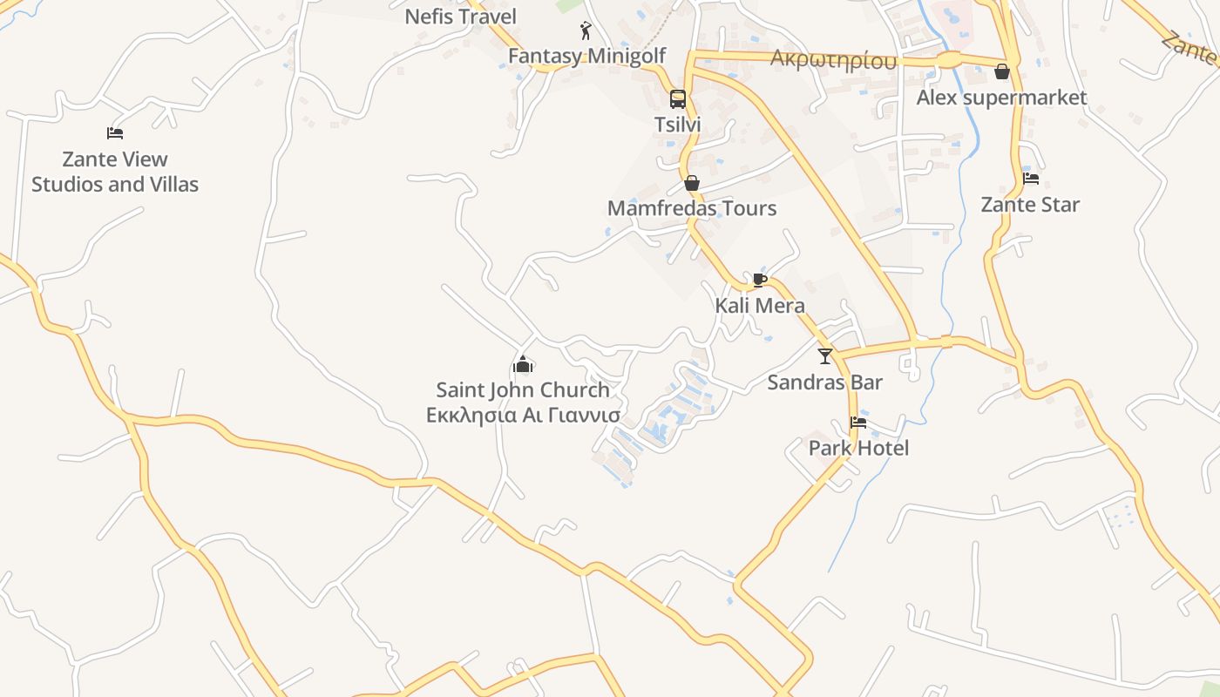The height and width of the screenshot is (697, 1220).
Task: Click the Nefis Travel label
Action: (460, 17)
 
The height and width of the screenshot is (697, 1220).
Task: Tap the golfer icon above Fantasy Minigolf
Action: (586, 31)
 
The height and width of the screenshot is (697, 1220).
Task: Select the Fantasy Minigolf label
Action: (586, 56)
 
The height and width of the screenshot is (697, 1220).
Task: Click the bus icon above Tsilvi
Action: (677, 99)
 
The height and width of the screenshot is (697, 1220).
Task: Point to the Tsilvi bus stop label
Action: (677, 125)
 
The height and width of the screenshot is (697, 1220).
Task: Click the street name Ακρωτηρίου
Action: (833, 60)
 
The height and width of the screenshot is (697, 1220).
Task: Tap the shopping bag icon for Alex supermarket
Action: (1002, 71)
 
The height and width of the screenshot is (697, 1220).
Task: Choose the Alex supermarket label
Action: (1001, 98)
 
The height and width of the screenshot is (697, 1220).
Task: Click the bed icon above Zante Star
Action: (1031, 179)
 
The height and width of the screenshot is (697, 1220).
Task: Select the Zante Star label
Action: (1030, 205)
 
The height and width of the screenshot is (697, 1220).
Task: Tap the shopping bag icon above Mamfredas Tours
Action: (692, 183)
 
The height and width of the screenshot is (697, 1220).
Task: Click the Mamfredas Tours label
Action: (692, 208)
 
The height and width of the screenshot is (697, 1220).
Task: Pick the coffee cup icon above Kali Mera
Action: (760, 280)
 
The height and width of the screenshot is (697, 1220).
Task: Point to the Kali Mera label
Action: (760, 306)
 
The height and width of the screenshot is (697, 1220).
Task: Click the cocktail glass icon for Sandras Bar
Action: (825, 355)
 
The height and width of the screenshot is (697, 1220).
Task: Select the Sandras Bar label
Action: (824, 382)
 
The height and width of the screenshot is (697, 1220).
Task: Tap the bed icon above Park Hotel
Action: (858, 423)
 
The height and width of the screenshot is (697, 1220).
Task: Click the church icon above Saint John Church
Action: (523, 364)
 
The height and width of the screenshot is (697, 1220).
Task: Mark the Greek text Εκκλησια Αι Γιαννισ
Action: (523, 415)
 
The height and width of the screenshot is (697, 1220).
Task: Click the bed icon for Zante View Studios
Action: (115, 133)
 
